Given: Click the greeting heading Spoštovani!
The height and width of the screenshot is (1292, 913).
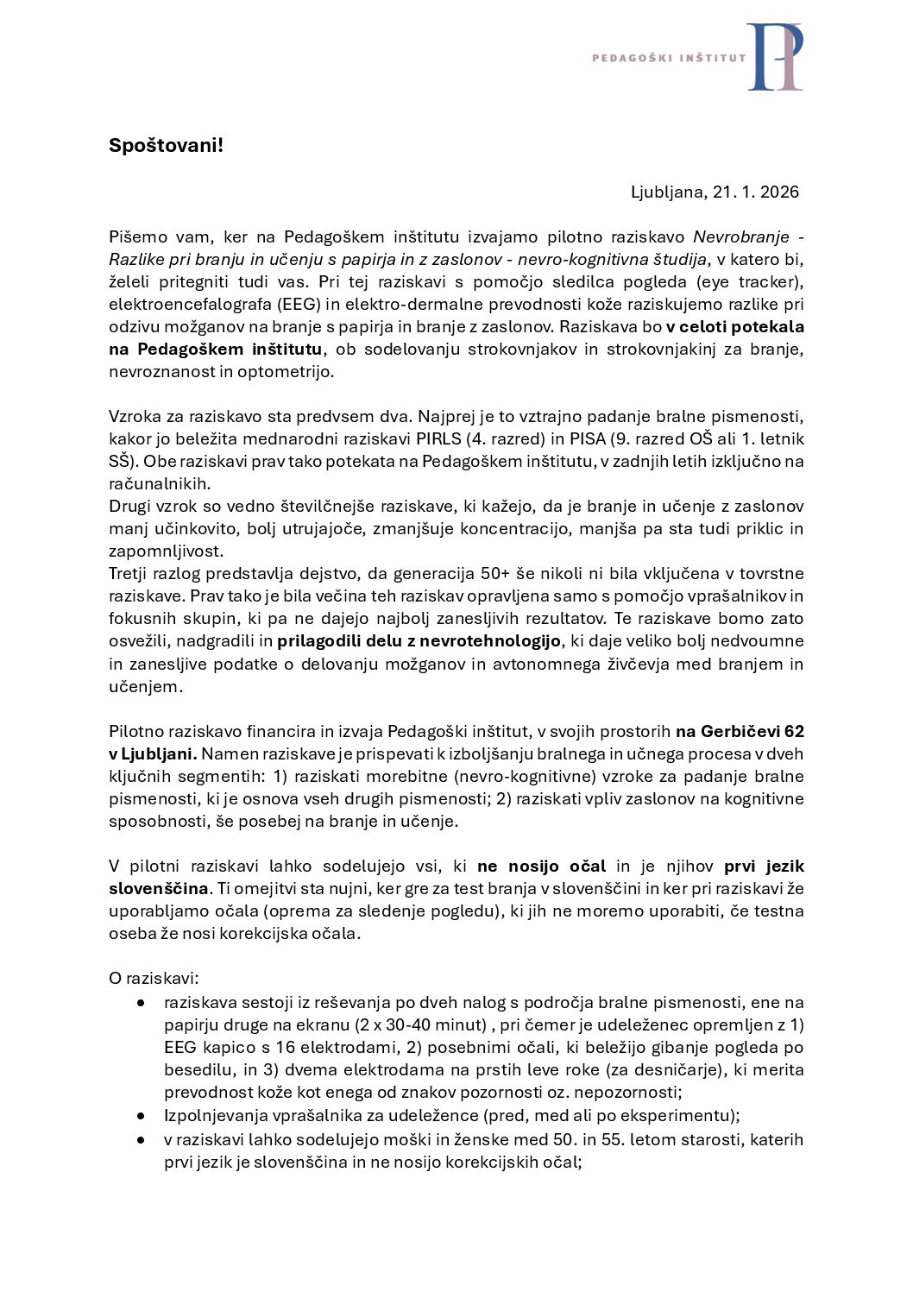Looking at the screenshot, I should pos(166,145).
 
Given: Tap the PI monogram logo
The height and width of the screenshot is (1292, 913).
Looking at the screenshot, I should pos(775,57).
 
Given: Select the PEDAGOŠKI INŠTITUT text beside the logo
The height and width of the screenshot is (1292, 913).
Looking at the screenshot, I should pos(669,58).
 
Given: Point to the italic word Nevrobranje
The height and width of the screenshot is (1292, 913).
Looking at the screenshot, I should pos(741,236).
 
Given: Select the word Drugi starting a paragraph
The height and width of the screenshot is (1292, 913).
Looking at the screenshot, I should pos(129,506).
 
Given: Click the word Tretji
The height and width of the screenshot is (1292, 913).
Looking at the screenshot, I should pos(130,573).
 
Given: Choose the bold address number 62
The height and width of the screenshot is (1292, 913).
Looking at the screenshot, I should pos(794,731).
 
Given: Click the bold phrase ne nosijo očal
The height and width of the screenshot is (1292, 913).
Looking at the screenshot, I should pos(541,866).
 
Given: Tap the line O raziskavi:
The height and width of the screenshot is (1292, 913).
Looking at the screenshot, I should pos(154,978).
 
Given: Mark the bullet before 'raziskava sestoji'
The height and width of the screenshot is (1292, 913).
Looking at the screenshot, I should pos(141,1002).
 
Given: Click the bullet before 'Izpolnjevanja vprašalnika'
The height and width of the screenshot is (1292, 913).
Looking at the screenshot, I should pos(141,1115).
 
